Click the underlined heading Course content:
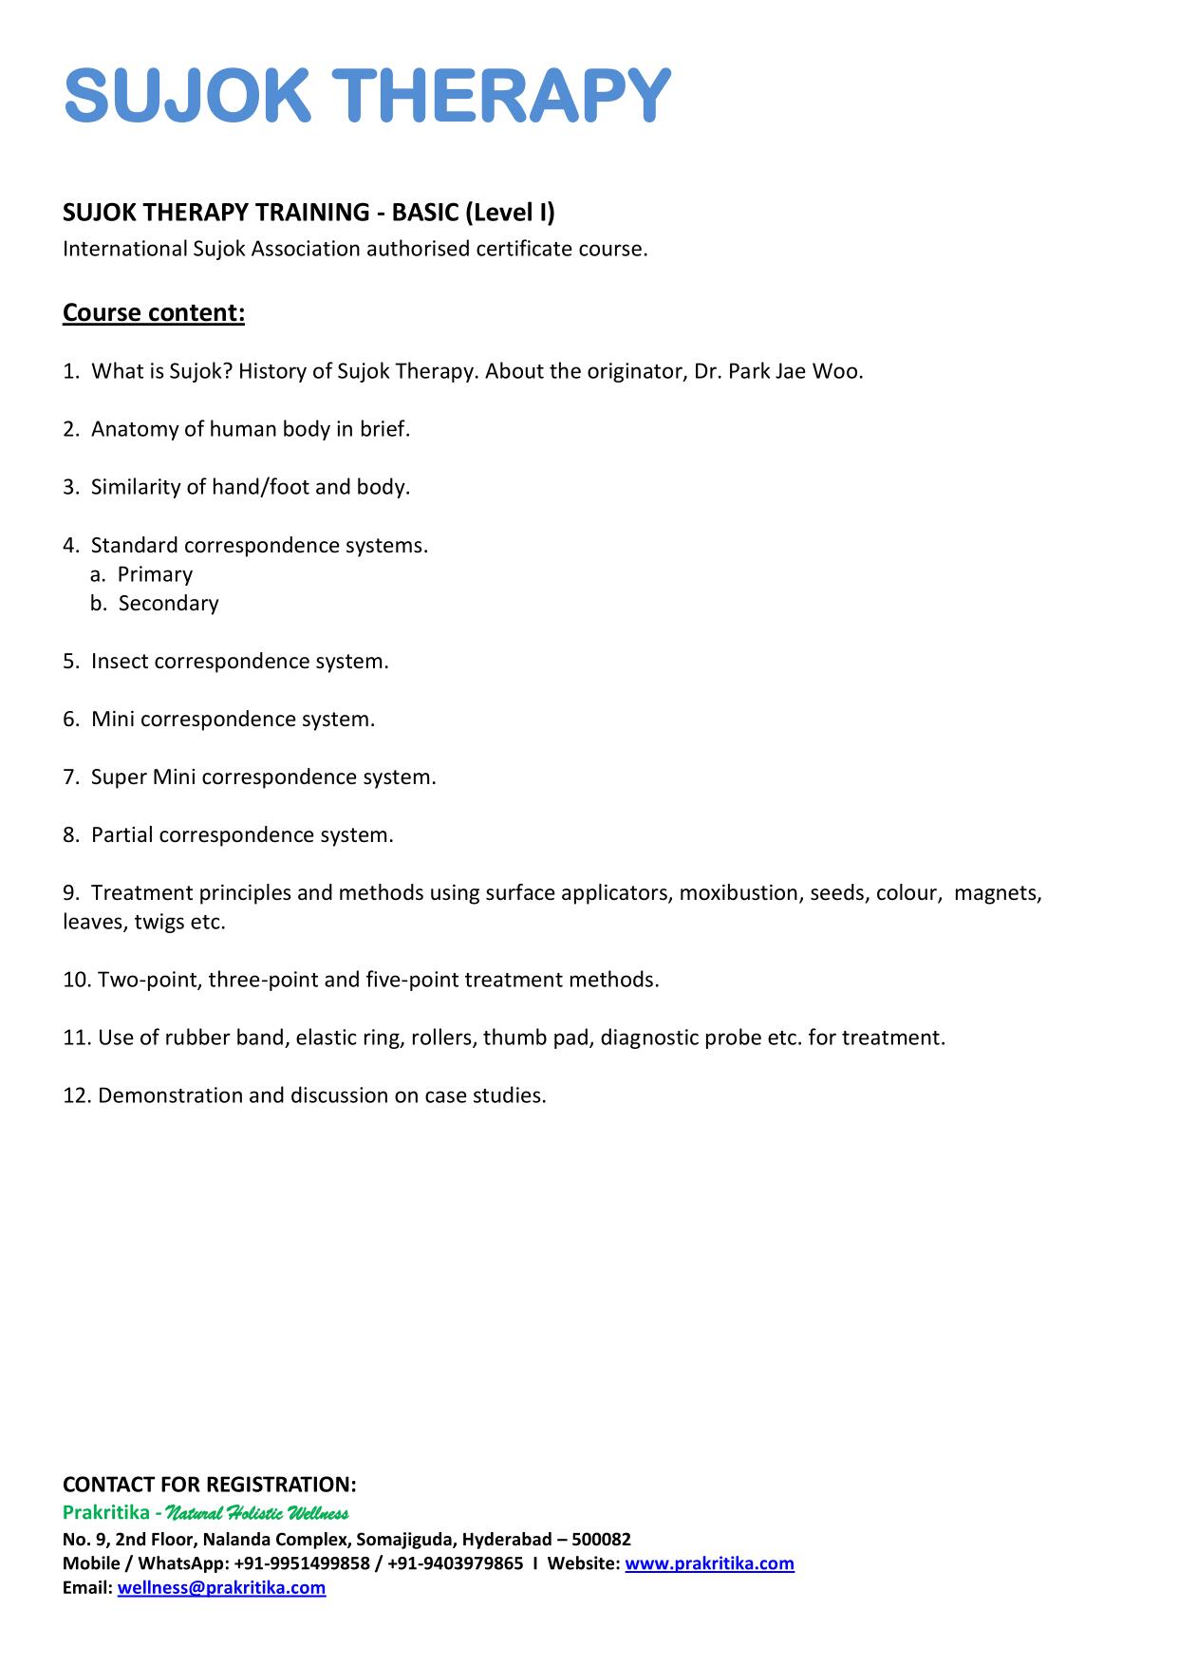coord(154,312)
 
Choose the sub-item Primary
coord(155,574)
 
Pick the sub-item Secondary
coord(168,604)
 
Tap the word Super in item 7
coord(119,777)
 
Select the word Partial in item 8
coord(122,835)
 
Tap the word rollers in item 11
coord(442,1038)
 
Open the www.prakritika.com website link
coord(709,1563)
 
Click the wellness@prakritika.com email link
coord(221,1588)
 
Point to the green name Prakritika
coord(105,1512)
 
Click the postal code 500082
coord(601,1539)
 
